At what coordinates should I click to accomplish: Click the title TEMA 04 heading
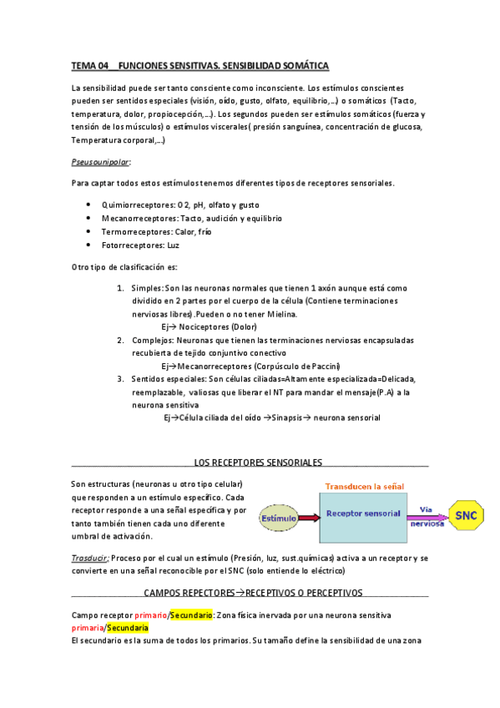point(200,65)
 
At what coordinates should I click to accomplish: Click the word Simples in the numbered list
point(147,288)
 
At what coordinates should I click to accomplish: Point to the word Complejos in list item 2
point(151,341)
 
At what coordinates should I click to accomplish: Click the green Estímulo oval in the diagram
point(277,518)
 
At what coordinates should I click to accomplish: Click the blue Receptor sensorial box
point(363,514)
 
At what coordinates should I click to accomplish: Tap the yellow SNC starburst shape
point(466,516)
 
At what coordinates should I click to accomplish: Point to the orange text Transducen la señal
point(364,485)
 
